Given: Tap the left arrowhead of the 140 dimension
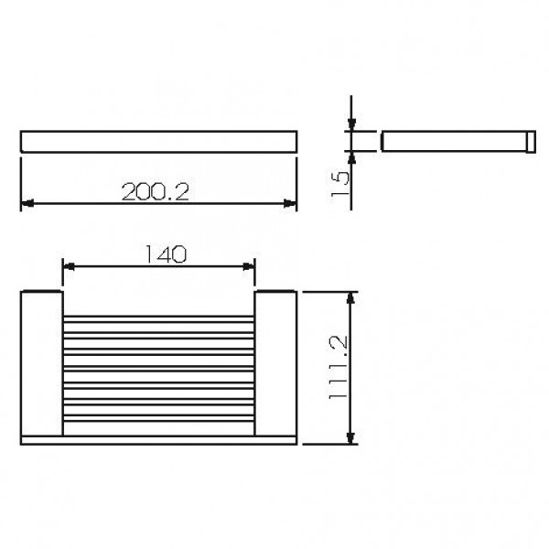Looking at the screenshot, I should click(69, 266).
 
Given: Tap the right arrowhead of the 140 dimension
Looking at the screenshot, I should click(249, 266).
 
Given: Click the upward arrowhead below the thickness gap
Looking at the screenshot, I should click(351, 156).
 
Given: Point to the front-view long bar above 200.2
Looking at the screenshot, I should click(158, 141).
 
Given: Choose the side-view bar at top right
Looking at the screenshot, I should click(453, 141).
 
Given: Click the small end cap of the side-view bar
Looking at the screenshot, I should click(529, 141).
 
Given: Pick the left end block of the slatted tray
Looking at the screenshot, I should click(40, 364).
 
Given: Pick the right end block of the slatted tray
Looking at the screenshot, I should click(275, 364).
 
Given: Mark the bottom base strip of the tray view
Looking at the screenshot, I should click(158, 440).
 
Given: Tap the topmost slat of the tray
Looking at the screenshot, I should click(158, 318).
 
